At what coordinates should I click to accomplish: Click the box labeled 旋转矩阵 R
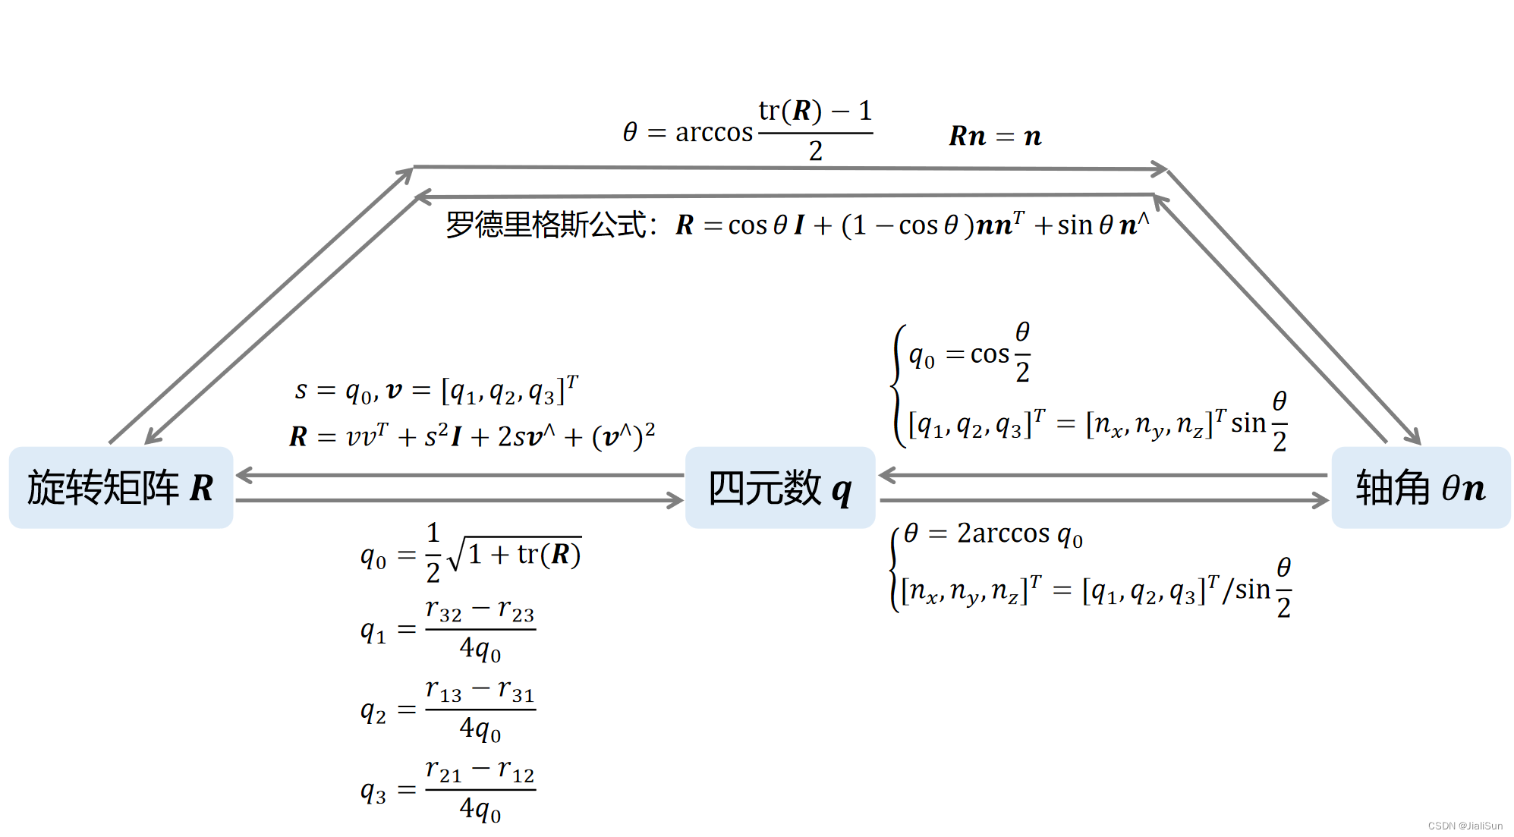tap(121, 487)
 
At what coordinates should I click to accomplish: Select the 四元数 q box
tap(779, 487)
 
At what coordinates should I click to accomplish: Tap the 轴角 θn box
tap(1420, 487)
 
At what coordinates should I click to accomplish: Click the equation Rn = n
tap(995, 137)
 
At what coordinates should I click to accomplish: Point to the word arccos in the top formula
tap(713, 133)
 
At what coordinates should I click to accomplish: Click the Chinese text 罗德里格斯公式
tap(546, 225)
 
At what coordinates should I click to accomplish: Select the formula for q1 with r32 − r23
tap(448, 630)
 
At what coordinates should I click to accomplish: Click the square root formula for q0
tap(471, 554)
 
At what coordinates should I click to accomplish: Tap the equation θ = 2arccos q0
tap(993, 534)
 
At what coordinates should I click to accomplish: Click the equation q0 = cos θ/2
tap(969, 354)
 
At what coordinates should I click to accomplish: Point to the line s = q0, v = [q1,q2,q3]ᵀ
tap(436, 391)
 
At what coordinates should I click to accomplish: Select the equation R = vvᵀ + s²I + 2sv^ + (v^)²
tap(472, 436)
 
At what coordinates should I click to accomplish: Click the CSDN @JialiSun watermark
tap(1465, 826)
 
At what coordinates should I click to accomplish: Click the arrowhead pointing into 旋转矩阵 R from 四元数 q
tap(243, 476)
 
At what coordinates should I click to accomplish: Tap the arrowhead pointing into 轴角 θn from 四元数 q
tap(1320, 500)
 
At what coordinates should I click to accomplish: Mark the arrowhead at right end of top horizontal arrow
tap(1160, 169)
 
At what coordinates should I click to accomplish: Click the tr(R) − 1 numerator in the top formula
tap(815, 112)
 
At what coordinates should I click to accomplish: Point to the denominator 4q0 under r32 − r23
tap(480, 650)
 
